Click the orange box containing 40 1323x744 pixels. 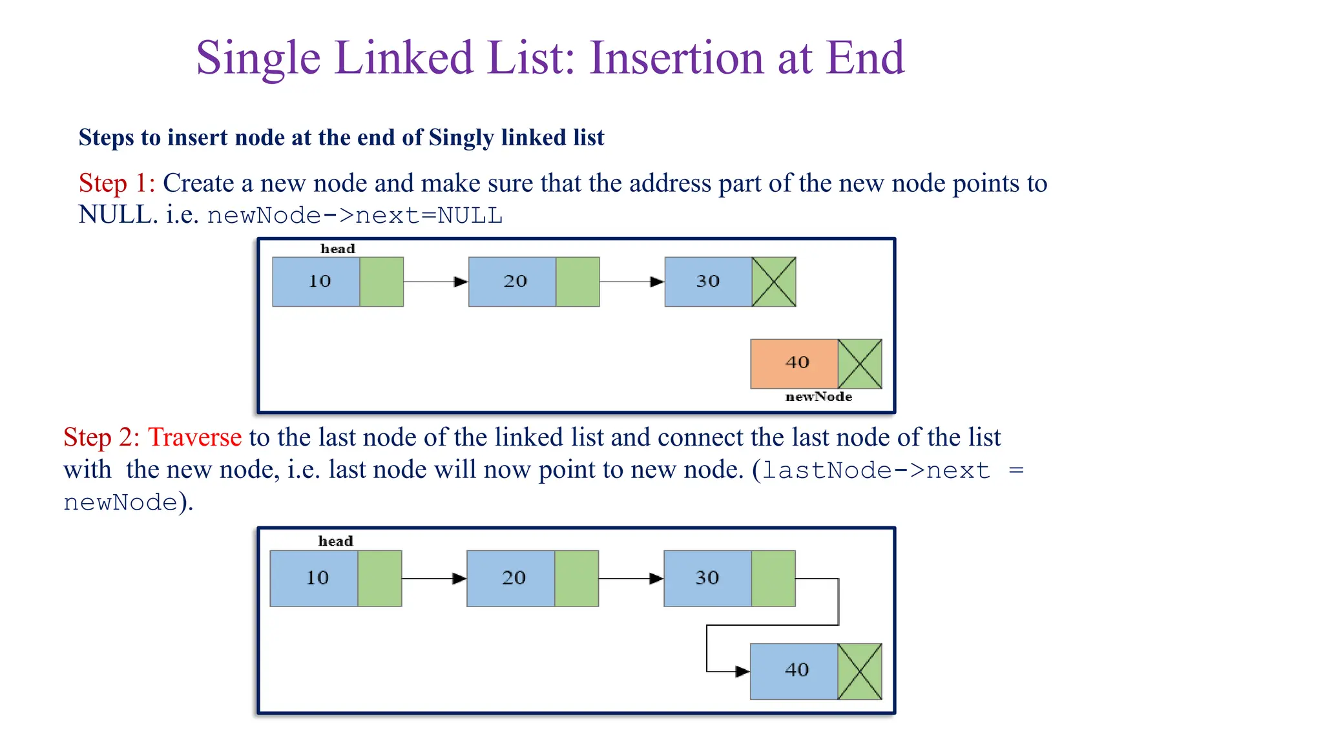pos(794,364)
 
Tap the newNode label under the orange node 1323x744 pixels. pos(818,397)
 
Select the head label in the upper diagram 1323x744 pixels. pos(338,249)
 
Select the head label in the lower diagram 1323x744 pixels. pos(335,541)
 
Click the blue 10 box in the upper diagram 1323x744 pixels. pos(316,282)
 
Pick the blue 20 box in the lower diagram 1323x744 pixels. pos(510,578)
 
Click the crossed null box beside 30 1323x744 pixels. pos(774,282)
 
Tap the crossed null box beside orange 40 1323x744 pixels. pos(860,364)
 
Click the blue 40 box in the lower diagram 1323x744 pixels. pos(794,671)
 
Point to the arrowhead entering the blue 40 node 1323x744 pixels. pos(742,672)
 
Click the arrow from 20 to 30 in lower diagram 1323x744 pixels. pos(630,579)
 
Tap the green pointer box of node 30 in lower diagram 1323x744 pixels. pos(773,578)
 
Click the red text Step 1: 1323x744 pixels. pos(117,183)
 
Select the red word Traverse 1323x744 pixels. pos(194,438)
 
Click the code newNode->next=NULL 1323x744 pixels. pos(355,216)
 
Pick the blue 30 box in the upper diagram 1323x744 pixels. pos(708,282)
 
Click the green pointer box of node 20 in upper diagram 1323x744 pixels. pos(578,282)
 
